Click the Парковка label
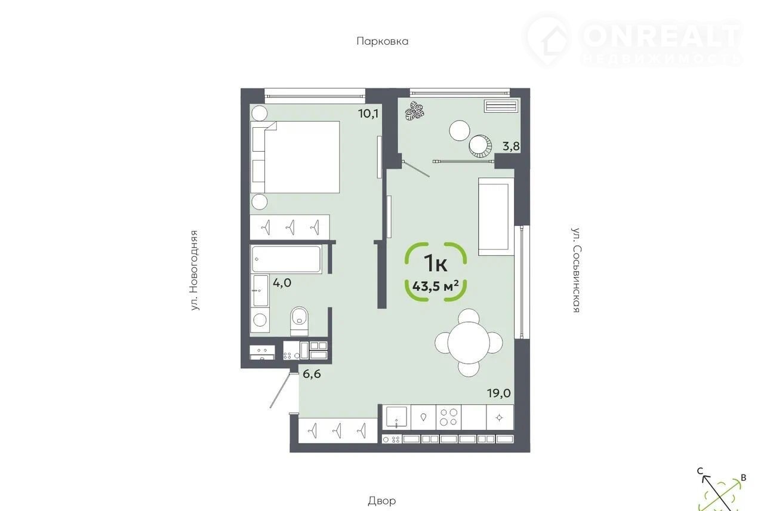pos(383,41)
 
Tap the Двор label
pos(381,501)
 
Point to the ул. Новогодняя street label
pos(195,270)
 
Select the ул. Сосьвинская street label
pos(576,270)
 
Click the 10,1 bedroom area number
pos(368,113)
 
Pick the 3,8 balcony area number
pos(511,146)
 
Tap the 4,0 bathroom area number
pos(282,282)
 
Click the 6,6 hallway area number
pos(312,374)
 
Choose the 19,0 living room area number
pos(498,393)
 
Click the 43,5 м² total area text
pos(435,286)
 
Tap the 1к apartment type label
pos(435,263)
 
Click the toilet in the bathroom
pos(299,321)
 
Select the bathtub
pos(286,259)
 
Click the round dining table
pos(469,343)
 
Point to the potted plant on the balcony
pos(414,110)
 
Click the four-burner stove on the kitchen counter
pos(448,417)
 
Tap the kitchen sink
pos(396,417)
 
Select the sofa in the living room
pos(496,216)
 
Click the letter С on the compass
pos(700,471)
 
